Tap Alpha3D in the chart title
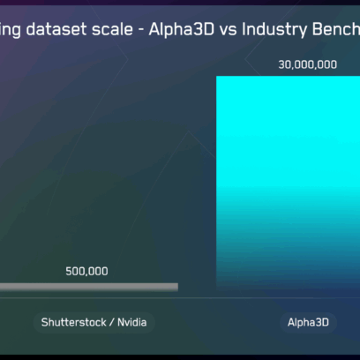click(182, 29)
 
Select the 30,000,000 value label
click(308, 64)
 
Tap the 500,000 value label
click(86, 271)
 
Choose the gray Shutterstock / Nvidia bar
click(89, 287)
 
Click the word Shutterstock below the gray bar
click(73, 322)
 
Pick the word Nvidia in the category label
click(131, 322)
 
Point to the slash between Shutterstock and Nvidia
click(111, 323)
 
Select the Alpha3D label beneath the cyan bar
click(308, 323)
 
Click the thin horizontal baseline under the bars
click(180, 298)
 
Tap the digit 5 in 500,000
click(69, 271)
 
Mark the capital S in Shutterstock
click(44, 322)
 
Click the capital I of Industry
click(244, 29)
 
